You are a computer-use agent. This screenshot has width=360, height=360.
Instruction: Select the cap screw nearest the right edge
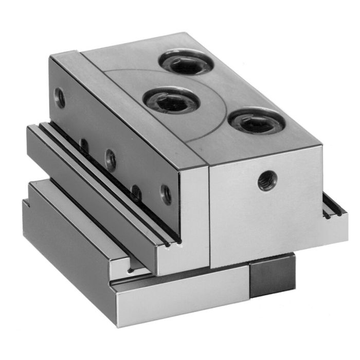255,123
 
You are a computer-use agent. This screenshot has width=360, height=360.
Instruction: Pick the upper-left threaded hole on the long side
60,97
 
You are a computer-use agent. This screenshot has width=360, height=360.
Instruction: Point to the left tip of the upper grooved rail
32,132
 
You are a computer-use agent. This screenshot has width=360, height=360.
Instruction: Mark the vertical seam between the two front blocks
209,216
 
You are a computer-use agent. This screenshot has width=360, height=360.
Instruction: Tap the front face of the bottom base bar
180,298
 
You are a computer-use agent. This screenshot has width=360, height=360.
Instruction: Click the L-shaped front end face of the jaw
193,221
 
